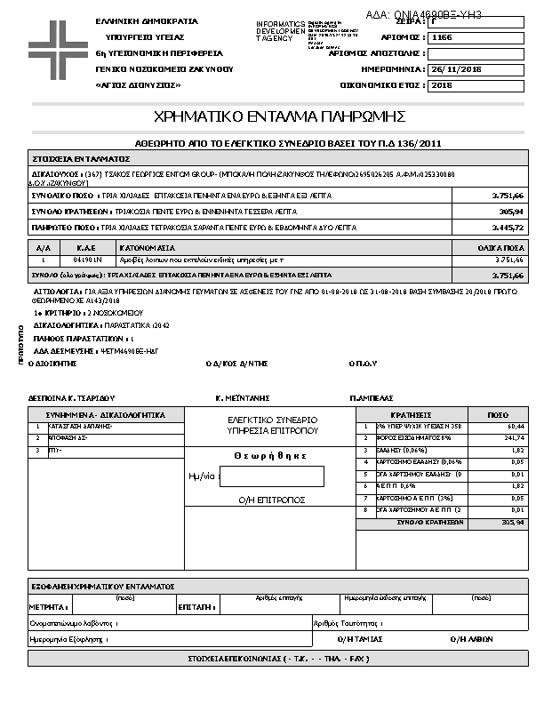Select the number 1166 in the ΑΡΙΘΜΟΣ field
[442, 38]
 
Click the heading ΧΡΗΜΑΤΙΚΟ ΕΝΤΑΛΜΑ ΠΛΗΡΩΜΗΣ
[280, 116]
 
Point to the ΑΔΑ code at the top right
[424, 15]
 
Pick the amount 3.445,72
[508, 228]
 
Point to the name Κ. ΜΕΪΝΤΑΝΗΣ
[243, 398]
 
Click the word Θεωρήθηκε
[272, 456]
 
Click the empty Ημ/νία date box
[271, 476]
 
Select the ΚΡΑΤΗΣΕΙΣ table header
[411, 415]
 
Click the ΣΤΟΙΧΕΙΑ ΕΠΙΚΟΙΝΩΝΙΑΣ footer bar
[278, 659]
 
